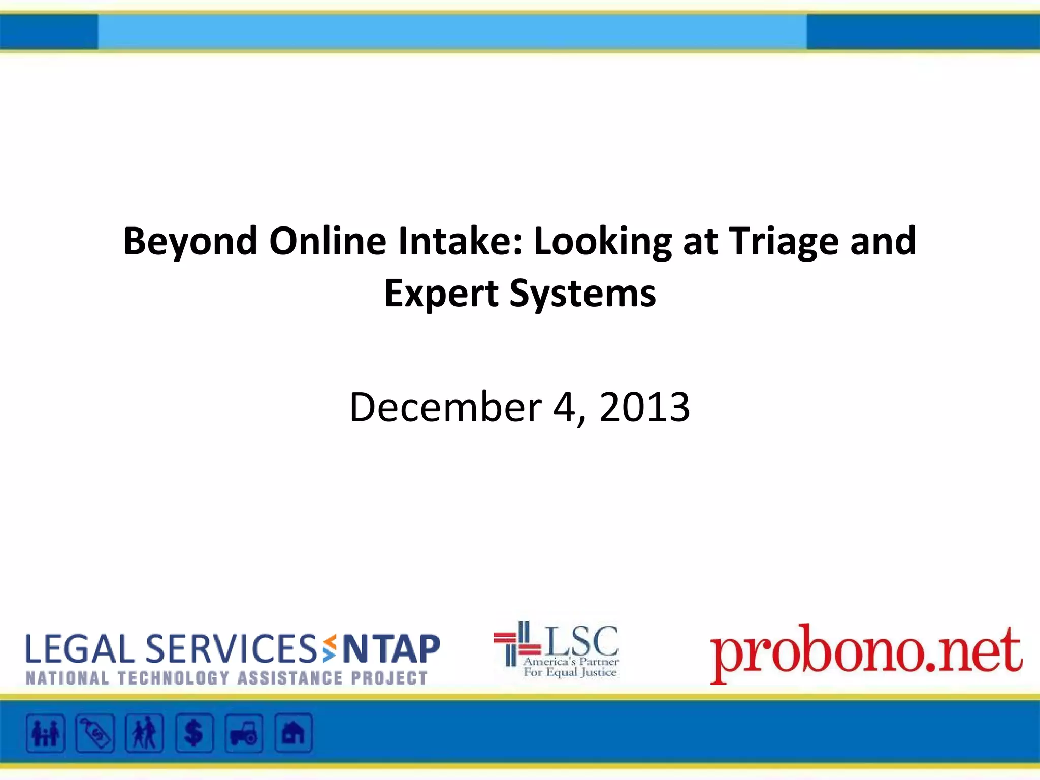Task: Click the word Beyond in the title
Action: pyautogui.click(x=190, y=241)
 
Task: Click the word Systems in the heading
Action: pyautogui.click(x=582, y=294)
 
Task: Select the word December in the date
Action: pyautogui.click(x=445, y=407)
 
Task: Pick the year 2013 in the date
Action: pyautogui.click(x=644, y=407)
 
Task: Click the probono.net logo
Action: pyautogui.click(x=865, y=652)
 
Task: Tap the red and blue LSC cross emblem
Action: pyautogui.click(x=517, y=643)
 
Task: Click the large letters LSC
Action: pyautogui.click(x=582, y=640)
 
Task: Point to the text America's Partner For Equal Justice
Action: pyautogui.click(x=570, y=667)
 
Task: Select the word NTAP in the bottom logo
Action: pyautogui.click(x=392, y=649)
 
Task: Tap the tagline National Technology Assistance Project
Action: pyautogui.click(x=226, y=678)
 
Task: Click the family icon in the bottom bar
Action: pyautogui.click(x=46, y=733)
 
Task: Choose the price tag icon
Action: pyautogui.click(x=95, y=733)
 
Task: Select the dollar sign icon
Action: pyautogui.click(x=194, y=733)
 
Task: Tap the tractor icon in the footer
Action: pyautogui.click(x=244, y=733)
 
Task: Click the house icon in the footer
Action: pyautogui.click(x=294, y=733)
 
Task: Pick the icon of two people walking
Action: pyautogui.click(x=145, y=733)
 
